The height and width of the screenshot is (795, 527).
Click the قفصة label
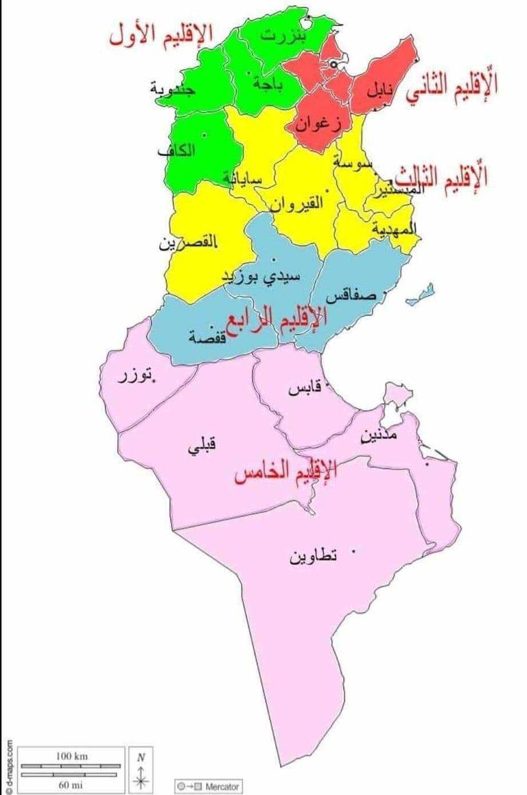coord(207,337)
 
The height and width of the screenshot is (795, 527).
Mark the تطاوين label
coord(312,556)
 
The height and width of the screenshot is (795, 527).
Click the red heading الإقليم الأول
coord(161,34)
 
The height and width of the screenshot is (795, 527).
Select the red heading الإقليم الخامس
coord(285,472)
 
